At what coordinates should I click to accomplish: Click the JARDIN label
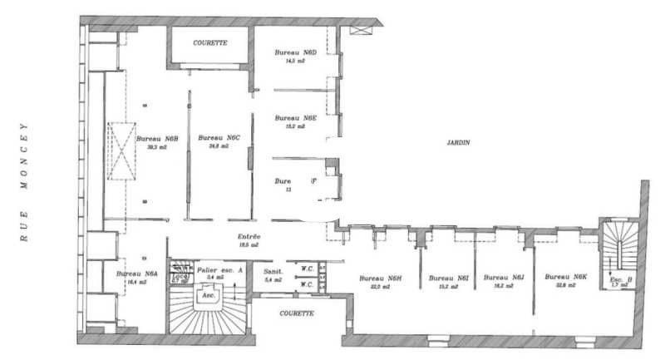[x=458, y=142]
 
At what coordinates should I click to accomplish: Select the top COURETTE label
[x=209, y=42]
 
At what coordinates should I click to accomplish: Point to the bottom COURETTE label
[x=296, y=313]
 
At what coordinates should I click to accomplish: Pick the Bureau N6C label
[x=219, y=137]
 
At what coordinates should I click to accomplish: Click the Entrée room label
[x=249, y=236]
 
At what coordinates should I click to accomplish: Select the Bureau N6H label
[x=380, y=278]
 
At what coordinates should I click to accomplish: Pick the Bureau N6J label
[x=504, y=278]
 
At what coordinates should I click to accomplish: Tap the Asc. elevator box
[x=205, y=295]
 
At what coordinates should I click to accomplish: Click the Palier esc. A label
[x=219, y=269]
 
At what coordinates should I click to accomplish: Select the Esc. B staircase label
[x=619, y=279]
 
